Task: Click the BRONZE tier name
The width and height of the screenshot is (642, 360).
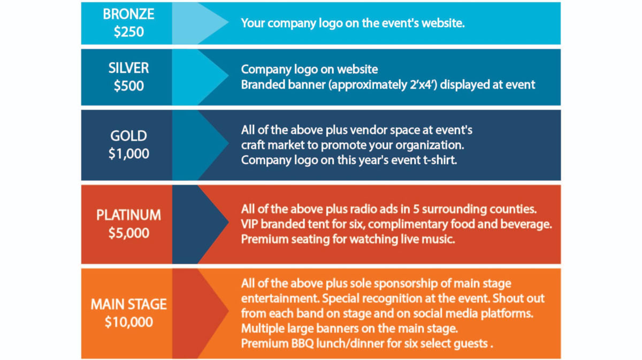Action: pyautogui.click(x=128, y=14)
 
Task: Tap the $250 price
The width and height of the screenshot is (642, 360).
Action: pyautogui.click(x=128, y=32)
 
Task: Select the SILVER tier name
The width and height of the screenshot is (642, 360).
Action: pyautogui.click(x=128, y=68)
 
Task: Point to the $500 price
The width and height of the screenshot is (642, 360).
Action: pyautogui.click(x=128, y=86)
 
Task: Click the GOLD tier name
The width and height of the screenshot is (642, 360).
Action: pyautogui.click(x=128, y=136)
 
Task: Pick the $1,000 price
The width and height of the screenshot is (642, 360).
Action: pyautogui.click(x=128, y=154)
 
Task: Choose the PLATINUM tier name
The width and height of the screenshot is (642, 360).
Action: pyautogui.click(x=128, y=215)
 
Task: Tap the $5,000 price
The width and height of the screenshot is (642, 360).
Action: pyautogui.click(x=128, y=233)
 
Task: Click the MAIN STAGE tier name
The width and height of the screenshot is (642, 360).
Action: pyautogui.click(x=128, y=304)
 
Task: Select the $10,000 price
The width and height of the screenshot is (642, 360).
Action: pyautogui.click(x=128, y=322)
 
